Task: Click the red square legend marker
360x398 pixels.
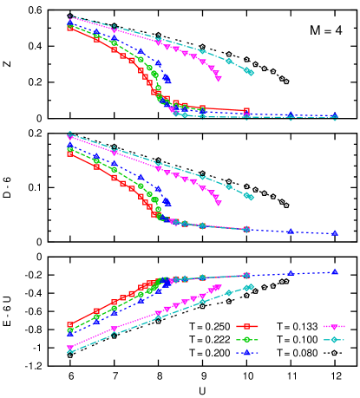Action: [x=246, y=327]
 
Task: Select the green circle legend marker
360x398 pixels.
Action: [x=246, y=340]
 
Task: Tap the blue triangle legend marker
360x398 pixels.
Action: [x=246, y=353]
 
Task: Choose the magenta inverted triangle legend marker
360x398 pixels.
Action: [x=331, y=327]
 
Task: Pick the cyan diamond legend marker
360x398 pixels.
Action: [x=331, y=340]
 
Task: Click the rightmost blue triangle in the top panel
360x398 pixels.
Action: [x=335, y=115]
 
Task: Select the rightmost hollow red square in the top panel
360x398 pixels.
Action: [x=246, y=111]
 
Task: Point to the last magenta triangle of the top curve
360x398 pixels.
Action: [x=218, y=79]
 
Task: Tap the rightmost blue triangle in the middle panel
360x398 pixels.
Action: [x=335, y=232]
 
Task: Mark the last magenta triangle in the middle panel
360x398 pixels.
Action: [x=218, y=203]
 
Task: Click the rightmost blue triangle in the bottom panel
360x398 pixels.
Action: [x=335, y=271]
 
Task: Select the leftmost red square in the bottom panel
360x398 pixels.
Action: [x=70, y=325]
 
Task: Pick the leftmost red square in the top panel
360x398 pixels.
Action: [x=70, y=28]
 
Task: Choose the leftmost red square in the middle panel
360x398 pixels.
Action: [x=70, y=153]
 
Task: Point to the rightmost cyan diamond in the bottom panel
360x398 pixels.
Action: [x=250, y=286]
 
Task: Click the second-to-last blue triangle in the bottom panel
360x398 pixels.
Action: [x=291, y=273]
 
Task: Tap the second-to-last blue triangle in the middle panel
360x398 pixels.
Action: [x=291, y=232]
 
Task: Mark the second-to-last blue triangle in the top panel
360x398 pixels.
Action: [x=291, y=115]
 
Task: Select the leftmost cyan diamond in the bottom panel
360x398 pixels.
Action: [x=70, y=351]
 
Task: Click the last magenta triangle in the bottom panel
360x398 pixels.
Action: [x=218, y=288]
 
